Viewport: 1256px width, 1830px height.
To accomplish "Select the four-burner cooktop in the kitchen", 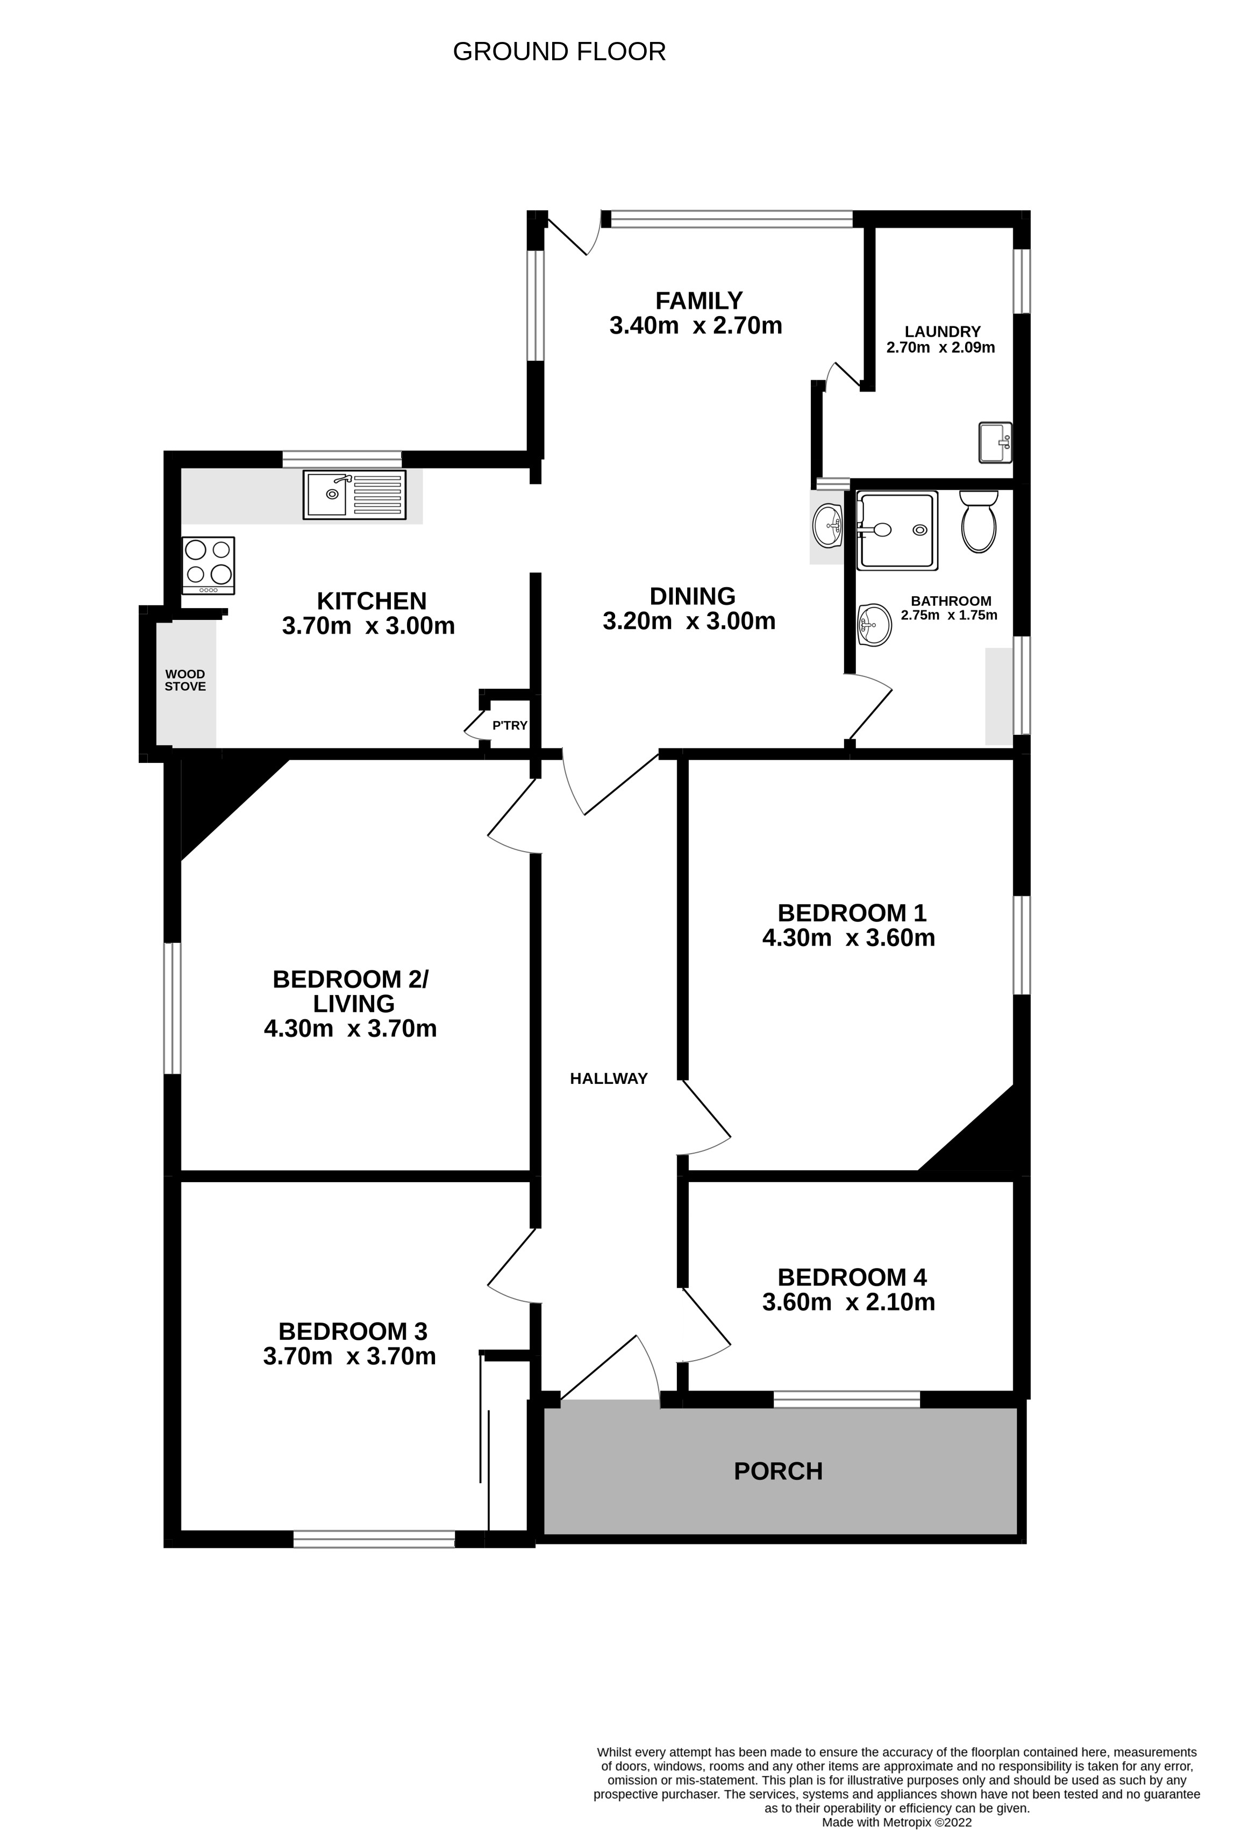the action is tap(209, 566).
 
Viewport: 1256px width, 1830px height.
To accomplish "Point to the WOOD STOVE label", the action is tap(185, 681).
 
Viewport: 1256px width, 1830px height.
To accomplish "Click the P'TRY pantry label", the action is tap(510, 725).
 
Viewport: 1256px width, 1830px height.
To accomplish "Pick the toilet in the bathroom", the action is tap(979, 521).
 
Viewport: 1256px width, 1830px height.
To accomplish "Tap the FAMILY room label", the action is tap(700, 301).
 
